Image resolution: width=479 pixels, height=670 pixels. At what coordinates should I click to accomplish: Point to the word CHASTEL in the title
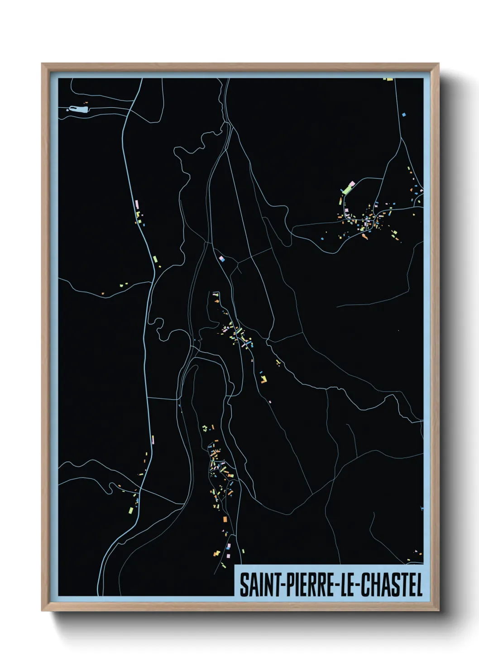click(x=392, y=585)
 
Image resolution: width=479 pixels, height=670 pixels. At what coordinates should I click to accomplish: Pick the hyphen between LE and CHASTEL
click(x=358, y=586)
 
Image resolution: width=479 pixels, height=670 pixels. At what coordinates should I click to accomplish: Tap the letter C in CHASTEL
click(x=366, y=585)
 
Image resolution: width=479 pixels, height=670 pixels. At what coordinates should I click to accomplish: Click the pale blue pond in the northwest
click(x=78, y=109)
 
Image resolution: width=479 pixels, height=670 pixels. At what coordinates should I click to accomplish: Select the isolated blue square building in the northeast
click(x=404, y=115)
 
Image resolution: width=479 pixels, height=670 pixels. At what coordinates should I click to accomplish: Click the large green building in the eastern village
click(x=349, y=187)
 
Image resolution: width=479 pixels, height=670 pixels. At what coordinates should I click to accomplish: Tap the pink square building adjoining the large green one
click(x=343, y=198)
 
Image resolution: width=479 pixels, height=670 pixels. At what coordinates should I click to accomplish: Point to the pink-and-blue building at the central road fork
click(x=221, y=259)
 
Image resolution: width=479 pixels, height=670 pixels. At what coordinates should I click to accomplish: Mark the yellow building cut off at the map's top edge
click(x=388, y=80)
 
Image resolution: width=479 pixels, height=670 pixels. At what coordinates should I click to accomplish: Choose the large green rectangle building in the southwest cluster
click(x=131, y=510)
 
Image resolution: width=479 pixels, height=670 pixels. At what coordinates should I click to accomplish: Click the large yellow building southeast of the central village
click(x=263, y=379)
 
